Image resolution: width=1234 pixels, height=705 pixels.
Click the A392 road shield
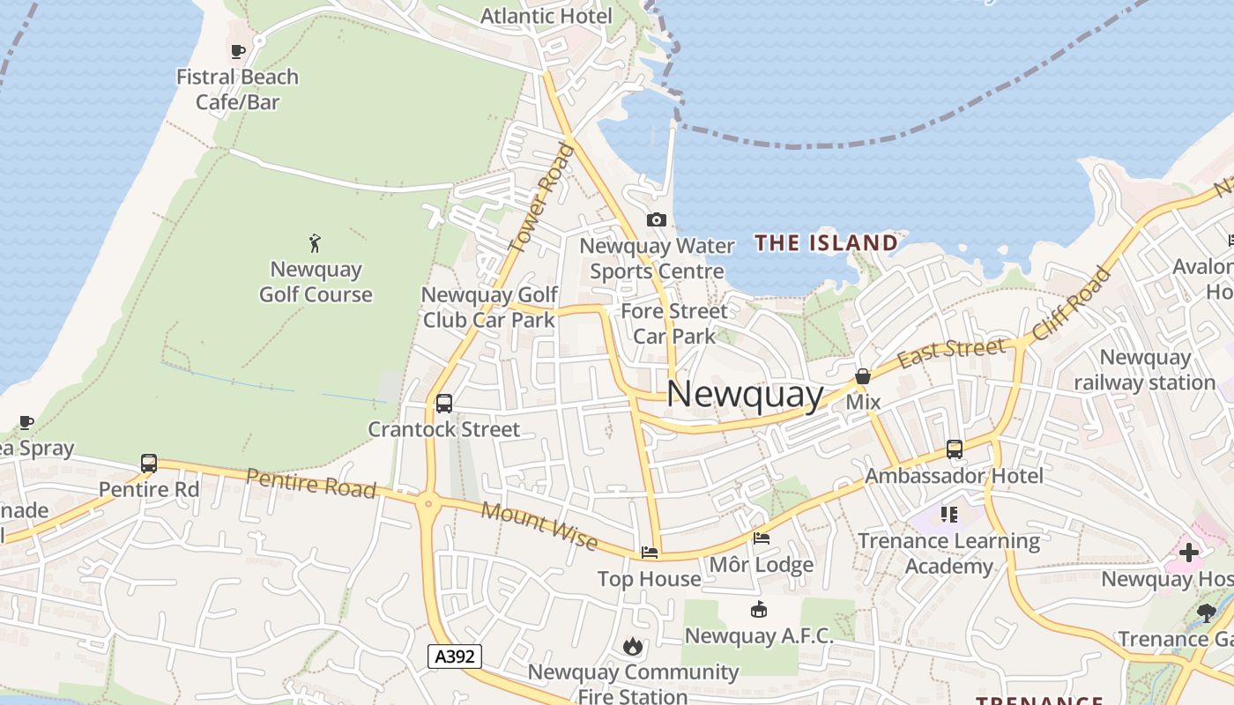click(x=455, y=656)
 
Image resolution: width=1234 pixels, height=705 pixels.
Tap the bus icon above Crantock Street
click(x=444, y=404)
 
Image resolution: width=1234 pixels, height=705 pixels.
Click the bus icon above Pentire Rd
click(x=149, y=463)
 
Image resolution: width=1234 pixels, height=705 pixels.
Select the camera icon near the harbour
click(x=656, y=219)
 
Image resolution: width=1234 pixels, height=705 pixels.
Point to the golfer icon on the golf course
click(x=315, y=242)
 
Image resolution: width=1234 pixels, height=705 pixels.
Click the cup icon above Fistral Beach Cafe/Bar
click(x=238, y=51)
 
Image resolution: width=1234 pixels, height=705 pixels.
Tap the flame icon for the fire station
click(x=632, y=647)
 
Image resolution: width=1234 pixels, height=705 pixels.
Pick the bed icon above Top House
click(x=650, y=553)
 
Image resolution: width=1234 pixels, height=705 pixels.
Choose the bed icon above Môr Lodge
click(x=762, y=538)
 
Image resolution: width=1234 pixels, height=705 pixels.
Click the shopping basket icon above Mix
click(x=863, y=376)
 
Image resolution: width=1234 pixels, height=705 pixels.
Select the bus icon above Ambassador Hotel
click(x=954, y=449)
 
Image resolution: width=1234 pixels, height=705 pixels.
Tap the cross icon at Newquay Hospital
click(x=1188, y=553)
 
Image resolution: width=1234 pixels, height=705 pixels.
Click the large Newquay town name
click(x=745, y=394)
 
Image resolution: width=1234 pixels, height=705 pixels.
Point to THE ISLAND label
click(x=826, y=242)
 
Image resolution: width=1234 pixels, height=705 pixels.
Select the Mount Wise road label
click(x=539, y=527)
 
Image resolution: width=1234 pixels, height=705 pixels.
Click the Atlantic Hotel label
click(x=546, y=16)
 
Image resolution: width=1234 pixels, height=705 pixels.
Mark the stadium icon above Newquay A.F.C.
click(x=758, y=609)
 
